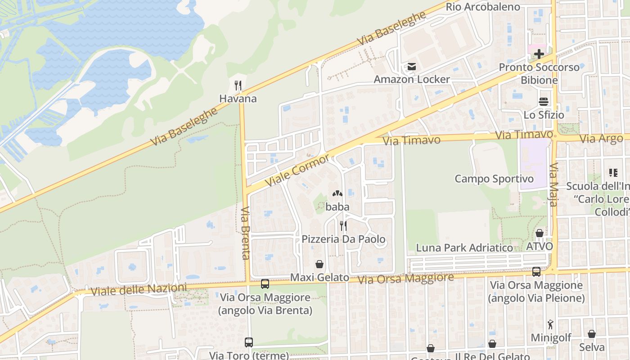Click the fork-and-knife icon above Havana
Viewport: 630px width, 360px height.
pyautogui.click(x=238, y=85)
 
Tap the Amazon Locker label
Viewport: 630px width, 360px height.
pyautogui.click(x=412, y=79)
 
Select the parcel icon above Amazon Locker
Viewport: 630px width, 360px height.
pyautogui.click(x=412, y=67)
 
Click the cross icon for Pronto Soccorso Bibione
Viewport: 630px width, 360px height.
pyautogui.click(x=539, y=54)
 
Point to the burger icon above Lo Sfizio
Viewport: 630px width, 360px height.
pyautogui.click(x=544, y=102)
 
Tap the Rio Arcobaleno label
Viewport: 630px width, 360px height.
pyautogui.click(x=483, y=7)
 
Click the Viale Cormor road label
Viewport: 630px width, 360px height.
pyautogui.click(x=297, y=171)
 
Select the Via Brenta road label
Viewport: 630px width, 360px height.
pyautogui.click(x=245, y=233)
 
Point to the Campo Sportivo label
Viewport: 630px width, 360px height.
pyautogui.click(x=494, y=179)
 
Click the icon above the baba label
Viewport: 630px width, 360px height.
pyautogui.click(x=337, y=194)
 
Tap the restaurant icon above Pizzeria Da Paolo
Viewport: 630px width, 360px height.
pyautogui.click(x=343, y=225)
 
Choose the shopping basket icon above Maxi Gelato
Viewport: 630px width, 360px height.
pyautogui.click(x=319, y=264)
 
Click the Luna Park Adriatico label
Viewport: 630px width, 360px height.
pyautogui.click(x=464, y=247)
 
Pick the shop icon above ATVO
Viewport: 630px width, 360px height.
pyautogui.click(x=539, y=233)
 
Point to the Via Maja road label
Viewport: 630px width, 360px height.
pyautogui.click(x=553, y=184)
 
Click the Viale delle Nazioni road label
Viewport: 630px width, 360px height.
pyautogui.click(x=139, y=289)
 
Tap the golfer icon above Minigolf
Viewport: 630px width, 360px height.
pyautogui.click(x=550, y=324)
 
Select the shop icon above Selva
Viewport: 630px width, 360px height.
pyautogui.click(x=592, y=334)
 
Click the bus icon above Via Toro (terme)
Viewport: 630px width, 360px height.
pyautogui.click(x=249, y=342)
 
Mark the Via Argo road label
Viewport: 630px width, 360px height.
pyautogui.click(x=601, y=139)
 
